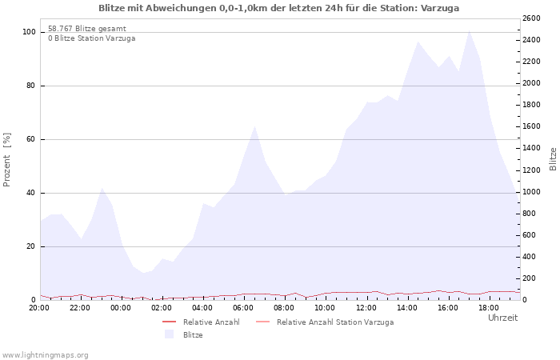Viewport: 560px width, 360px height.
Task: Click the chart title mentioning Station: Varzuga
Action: tap(278, 8)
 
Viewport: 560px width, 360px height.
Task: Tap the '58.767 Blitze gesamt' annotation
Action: tap(87, 29)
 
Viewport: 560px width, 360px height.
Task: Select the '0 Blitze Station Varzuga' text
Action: tap(92, 38)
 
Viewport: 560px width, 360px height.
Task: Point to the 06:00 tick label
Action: tap(243, 308)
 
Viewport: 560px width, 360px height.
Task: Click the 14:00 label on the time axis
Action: tap(406, 308)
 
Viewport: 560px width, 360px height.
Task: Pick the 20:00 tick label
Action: tap(39, 308)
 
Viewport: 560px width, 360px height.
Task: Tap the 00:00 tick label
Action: tap(121, 308)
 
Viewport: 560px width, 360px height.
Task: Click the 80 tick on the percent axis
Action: tap(31, 86)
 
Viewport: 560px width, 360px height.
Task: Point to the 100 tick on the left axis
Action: tap(30, 32)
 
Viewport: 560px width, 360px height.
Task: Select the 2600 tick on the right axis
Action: tap(531, 18)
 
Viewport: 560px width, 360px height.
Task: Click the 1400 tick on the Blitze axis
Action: tap(531, 148)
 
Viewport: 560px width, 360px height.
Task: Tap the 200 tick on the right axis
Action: tap(530, 278)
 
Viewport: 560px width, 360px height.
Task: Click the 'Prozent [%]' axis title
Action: tap(6, 160)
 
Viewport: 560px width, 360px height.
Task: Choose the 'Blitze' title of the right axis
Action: tap(553, 159)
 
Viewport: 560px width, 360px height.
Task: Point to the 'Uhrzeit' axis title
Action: tap(503, 318)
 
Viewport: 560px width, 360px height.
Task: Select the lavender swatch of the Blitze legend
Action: tap(169, 334)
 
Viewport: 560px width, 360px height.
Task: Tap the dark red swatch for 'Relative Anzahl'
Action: tap(170, 322)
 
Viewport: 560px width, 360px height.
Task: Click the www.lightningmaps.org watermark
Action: tap(44, 355)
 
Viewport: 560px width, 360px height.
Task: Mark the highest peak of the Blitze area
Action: tap(469, 30)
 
